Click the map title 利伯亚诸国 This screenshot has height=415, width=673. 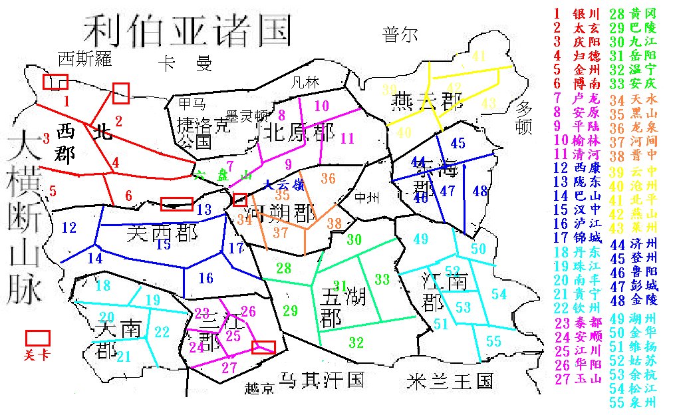[x=187, y=30]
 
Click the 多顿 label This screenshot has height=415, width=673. [x=525, y=117]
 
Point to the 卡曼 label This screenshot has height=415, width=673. [x=184, y=64]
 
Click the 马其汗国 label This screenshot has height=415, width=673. [x=322, y=380]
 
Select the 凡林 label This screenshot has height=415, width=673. [x=306, y=82]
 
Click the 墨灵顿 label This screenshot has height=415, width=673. [x=247, y=114]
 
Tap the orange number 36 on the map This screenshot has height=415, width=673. [x=328, y=178]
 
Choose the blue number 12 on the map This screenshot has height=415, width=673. [x=69, y=227]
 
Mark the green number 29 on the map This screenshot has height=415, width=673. [x=290, y=310]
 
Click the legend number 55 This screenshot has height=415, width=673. [x=563, y=401]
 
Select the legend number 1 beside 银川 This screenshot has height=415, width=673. [x=557, y=13]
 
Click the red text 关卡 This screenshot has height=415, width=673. [x=37, y=355]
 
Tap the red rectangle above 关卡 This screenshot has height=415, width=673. [x=37, y=337]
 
